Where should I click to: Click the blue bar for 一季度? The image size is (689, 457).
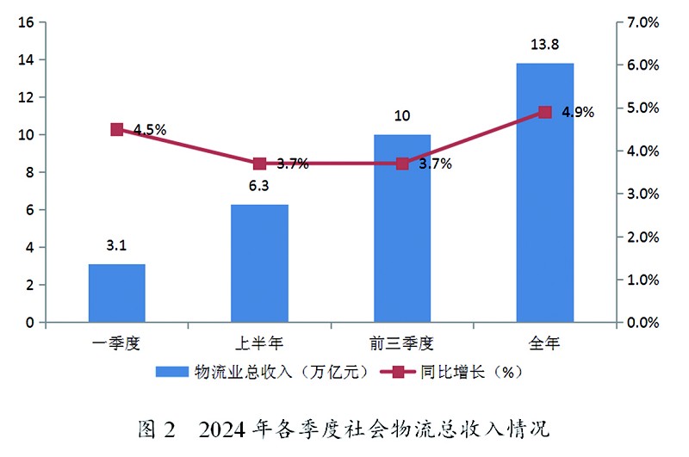pos(116,293)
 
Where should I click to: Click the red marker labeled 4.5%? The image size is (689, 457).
pos(117,129)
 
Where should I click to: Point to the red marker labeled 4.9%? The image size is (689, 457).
pos(544,112)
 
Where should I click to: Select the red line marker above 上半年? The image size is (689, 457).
pos(259,164)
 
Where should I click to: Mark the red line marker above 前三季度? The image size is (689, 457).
pos(402,164)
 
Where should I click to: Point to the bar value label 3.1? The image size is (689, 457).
pos(116,245)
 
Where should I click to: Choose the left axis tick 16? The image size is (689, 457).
pos(26,22)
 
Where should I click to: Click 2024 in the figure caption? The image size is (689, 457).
pos(227,428)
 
